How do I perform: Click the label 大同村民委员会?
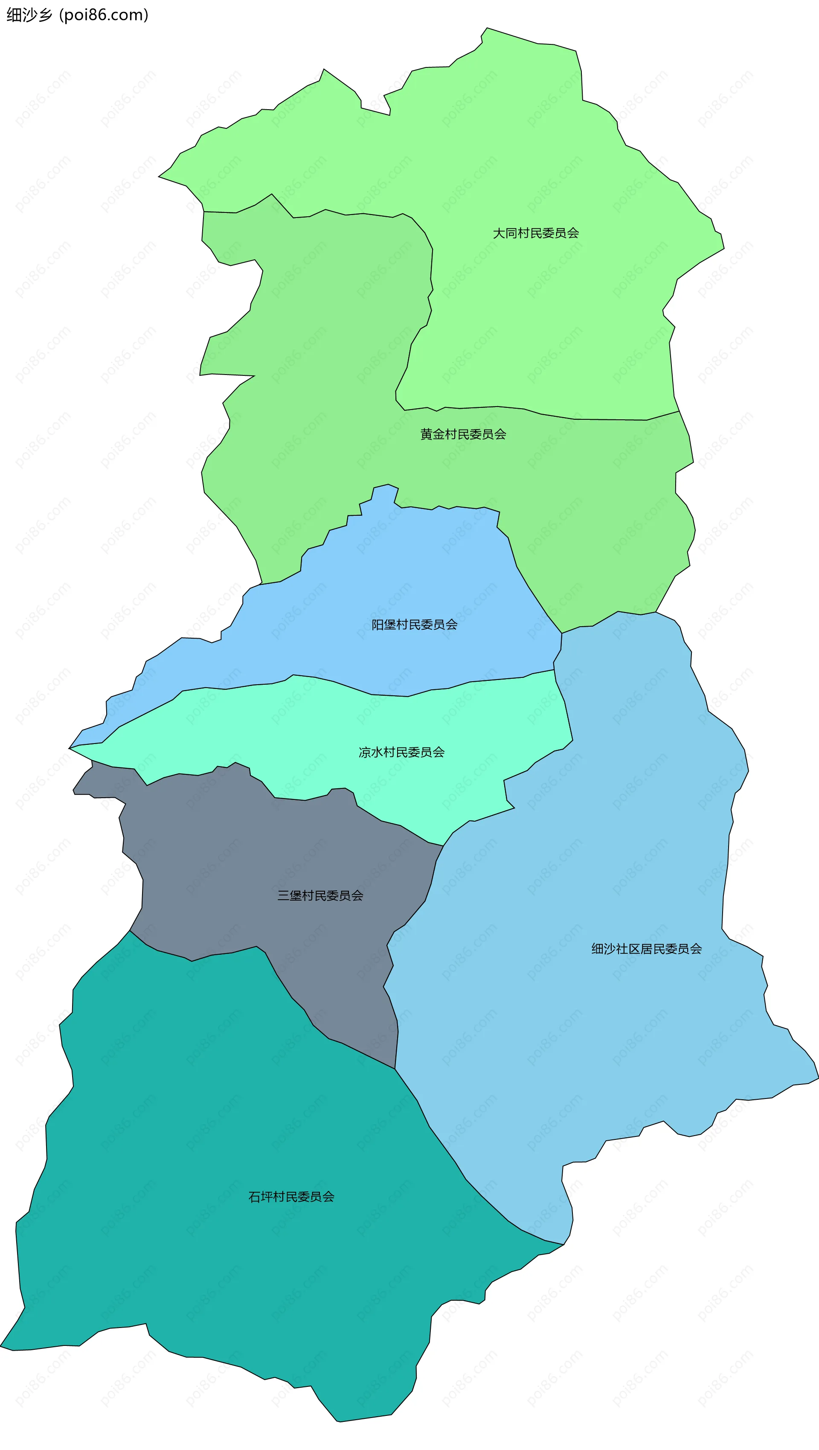(x=535, y=233)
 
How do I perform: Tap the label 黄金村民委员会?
(x=463, y=434)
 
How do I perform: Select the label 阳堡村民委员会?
(x=414, y=624)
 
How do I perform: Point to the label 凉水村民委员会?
(x=401, y=752)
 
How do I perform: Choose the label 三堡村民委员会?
(x=320, y=895)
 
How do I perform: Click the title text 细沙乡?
(x=29, y=15)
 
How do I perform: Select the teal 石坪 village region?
(x=225, y=1267)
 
